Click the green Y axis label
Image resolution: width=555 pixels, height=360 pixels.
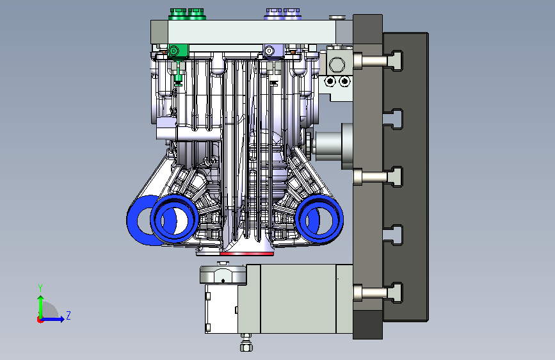[x=40, y=288]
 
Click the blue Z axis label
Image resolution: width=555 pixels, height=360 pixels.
[x=68, y=315]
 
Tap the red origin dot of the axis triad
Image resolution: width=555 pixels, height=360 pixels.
[x=40, y=320]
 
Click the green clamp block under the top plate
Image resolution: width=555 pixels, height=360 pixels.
[x=178, y=51]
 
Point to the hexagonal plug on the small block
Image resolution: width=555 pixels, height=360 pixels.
[x=337, y=65]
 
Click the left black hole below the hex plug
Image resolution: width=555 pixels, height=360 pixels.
[x=330, y=81]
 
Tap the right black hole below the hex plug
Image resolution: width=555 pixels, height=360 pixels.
[x=344, y=81]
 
